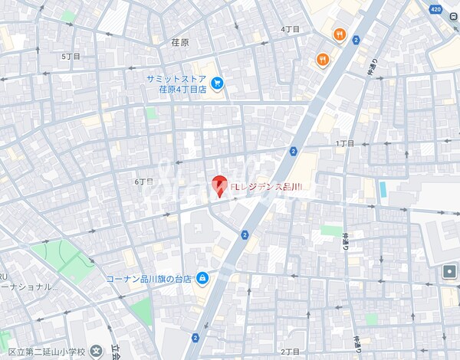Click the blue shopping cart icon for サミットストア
click(217, 83)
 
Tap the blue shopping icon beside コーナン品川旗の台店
click(202, 277)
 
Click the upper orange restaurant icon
click(339, 34)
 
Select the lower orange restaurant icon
click(324, 59)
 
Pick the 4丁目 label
click(290, 29)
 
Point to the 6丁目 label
click(143, 182)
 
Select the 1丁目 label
click(345, 143)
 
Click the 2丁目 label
click(290, 352)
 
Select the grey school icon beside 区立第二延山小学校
click(95, 351)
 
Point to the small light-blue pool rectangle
click(382, 188)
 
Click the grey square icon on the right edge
click(449, 271)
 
